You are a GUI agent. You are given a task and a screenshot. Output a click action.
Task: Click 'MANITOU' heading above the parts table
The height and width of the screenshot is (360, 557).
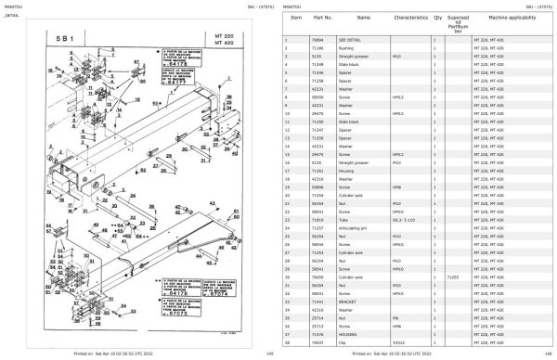(x=291, y=6)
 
